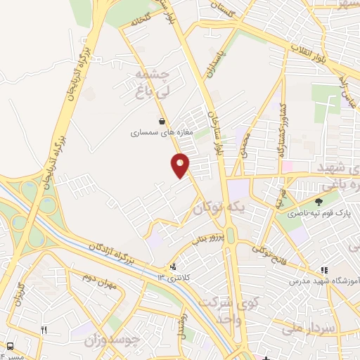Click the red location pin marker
[181, 165]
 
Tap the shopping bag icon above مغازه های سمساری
[162, 121]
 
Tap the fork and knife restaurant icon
[44, 329]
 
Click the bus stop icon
[10, 346]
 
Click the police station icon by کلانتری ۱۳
[172, 267]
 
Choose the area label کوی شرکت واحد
[227, 309]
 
